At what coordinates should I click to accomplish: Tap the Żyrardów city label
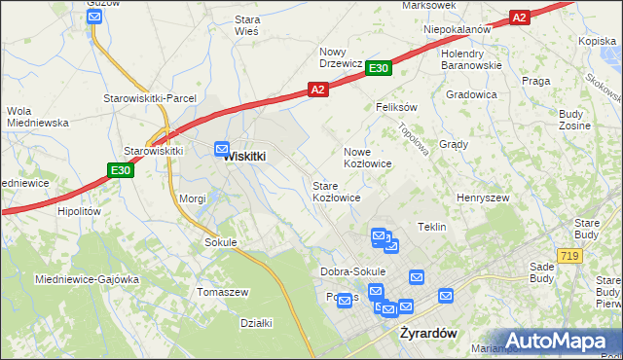click(x=429, y=333)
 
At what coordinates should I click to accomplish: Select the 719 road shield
click(x=569, y=255)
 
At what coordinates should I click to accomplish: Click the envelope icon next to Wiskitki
click(x=222, y=148)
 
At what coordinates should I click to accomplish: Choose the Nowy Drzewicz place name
click(x=341, y=57)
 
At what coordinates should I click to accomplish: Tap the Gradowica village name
click(x=471, y=94)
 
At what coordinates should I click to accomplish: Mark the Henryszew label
click(x=484, y=198)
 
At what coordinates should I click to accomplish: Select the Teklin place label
click(x=431, y=227)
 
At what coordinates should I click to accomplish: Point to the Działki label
click(x=255, y=322)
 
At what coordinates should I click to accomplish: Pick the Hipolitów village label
click(x=80, y=210)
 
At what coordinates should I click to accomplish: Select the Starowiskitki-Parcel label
click(x=150, y=99)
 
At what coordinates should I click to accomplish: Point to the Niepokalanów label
click(x=457, y=29)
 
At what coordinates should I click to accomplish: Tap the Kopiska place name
click(x=598, y=41)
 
